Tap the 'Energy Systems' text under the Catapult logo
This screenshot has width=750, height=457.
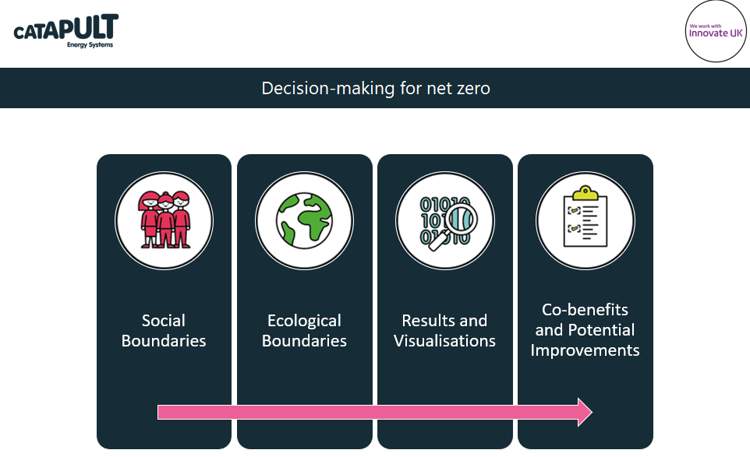pyautogui.click(x=90, y=45)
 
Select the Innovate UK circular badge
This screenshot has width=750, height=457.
pyautogui.click(x=715, y=30)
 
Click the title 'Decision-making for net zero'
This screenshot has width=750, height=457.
pyautogui.click(x=375, y=88)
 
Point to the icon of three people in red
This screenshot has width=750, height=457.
pyautogui.click(x=164, y=220)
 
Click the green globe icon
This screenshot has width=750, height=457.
pyautogui.click(x=304, y=220)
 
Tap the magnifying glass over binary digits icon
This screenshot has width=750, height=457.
pyautogui.click(x=445, y=220)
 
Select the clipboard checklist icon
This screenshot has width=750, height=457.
pyautogui.click(x=585, y=220)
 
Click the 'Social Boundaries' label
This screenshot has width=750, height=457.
pyautogui.click(x=164, y=330)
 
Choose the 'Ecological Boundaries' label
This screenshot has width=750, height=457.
pyautogui.click(x=304, y=330)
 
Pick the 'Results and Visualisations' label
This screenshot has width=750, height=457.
pyautogui.click(x=444, y=330)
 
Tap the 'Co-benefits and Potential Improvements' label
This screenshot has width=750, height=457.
pyautogui.click(x=585, y=330)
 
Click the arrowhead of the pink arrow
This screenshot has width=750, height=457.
pyautogui.click(x=584, y=412)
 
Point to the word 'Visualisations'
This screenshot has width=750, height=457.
pyautogui.click(x=444, y=341)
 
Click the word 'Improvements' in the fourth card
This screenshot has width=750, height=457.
pyautogui.click(x=585, y=350)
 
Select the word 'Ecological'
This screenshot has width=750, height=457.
pyautogui.click(x=304, y=320)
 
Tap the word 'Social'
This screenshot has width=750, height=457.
pyautogui.click(x=164, y=320)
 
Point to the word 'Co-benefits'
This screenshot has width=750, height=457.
pyautogui.click(x=585, y=310)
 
